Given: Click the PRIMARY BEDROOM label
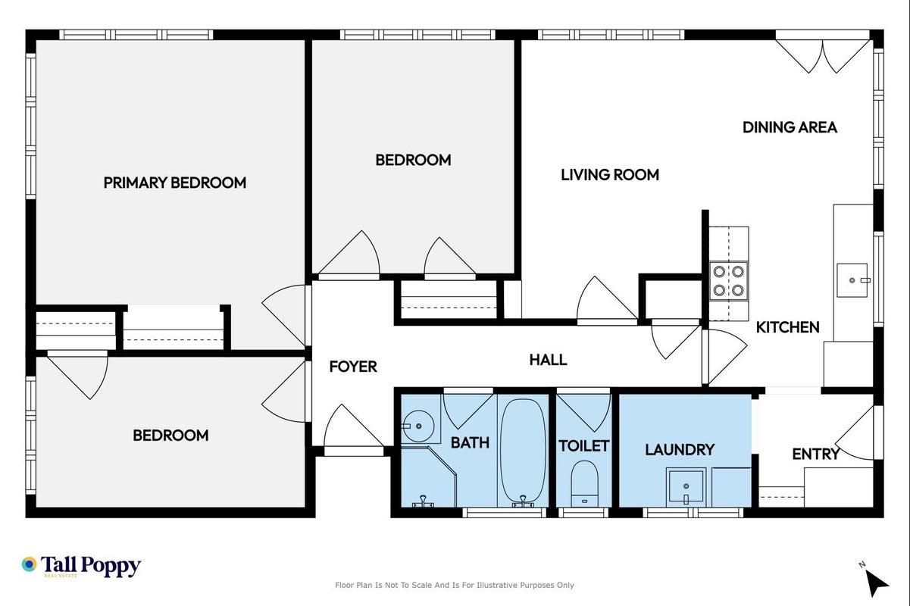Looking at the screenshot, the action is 175,183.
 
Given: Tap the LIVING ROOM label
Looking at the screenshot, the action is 610,175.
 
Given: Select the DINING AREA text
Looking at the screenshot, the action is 790,127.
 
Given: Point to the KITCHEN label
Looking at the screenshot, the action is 787,327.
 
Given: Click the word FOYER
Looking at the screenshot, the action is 353,367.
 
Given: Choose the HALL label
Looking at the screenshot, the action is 548,360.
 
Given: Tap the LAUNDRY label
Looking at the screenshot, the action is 680,450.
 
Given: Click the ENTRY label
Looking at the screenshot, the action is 816,454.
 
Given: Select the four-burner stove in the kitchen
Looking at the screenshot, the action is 729,281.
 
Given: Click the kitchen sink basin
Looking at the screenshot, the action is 852,280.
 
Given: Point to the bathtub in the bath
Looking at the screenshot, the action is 523,451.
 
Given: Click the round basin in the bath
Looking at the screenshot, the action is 418,426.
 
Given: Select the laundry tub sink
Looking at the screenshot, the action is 686,486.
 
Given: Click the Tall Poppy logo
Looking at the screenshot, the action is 81,566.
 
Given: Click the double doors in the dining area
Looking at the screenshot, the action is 823,56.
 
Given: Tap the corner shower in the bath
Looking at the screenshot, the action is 429,476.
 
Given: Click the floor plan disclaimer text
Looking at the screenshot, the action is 454,586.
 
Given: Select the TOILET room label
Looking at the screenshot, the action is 583,446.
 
